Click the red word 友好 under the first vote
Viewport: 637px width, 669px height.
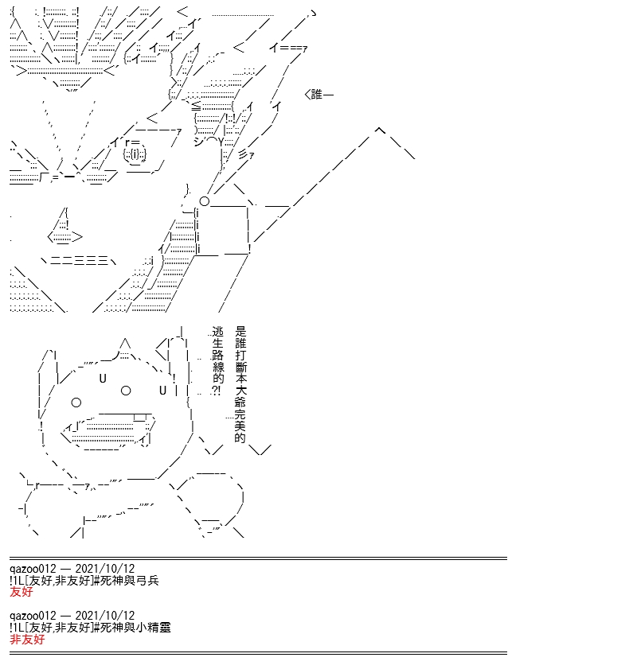click(x=21, y=592)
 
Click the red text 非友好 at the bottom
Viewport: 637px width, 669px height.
click(x=27, y=639)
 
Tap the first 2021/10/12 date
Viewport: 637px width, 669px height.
click(x=105, y=568)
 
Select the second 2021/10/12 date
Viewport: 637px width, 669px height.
click(x=105, y=615)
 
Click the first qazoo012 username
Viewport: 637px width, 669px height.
click(x=33, y=569)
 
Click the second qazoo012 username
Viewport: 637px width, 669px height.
click(x=33, y=616)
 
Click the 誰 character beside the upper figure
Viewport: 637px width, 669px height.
click(x=316, y=94)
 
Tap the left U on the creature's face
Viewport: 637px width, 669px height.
click(x=103, y=379)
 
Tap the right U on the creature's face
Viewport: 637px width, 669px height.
click(x=162, y=390)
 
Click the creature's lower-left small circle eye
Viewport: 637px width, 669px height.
click(x=76, y=403)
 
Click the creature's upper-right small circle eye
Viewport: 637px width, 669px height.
click(x=126, y=391)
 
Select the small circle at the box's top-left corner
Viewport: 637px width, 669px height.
click(x=205, y=201)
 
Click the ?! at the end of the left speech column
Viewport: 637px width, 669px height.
click(x=217, y=391)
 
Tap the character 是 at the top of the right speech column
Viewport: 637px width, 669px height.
click(x=240, y=331)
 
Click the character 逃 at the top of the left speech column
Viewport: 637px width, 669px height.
click(x=217, y=332)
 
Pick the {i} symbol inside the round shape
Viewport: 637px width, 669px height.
click(x=135, y=154)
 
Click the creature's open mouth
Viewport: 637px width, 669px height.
click(x=109, y=431)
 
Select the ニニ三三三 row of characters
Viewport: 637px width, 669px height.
click(x=79, y=260)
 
